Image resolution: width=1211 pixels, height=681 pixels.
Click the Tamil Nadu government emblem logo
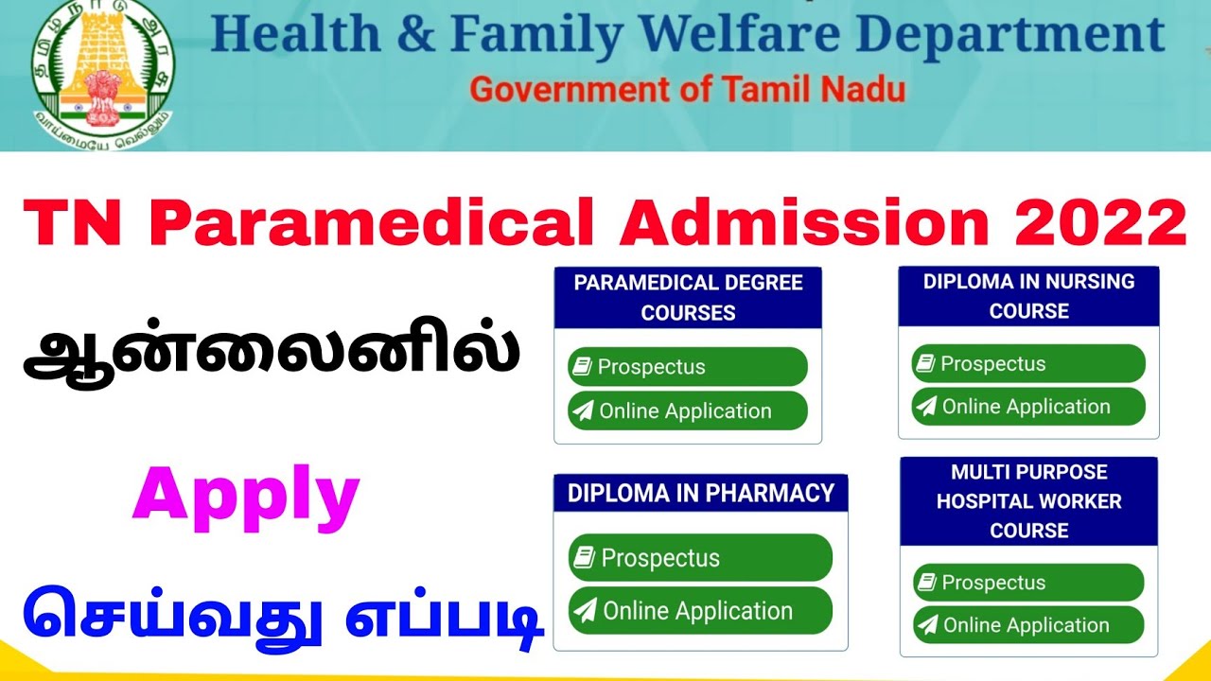pos(103,72)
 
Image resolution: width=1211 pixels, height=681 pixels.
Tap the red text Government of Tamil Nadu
pos(688,90)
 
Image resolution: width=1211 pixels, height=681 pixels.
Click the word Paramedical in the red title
pos(373,223)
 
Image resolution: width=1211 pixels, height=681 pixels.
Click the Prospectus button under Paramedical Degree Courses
pos(688,367)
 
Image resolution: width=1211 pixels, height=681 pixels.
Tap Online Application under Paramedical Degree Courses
pos(688,411)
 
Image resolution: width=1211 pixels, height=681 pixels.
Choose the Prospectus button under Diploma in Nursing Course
pos(1028,364)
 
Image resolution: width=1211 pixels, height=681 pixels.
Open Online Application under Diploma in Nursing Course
pos(1028,407)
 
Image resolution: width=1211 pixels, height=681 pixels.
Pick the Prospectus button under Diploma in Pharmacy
pos(700,558)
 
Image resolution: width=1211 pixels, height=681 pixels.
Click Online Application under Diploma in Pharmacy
pos(700,611)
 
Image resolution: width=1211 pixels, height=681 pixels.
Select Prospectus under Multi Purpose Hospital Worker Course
pos(1028,583)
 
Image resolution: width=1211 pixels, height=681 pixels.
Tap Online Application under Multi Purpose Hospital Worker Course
pos(1028,625)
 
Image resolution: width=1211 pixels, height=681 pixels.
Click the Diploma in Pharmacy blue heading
pos(700,493)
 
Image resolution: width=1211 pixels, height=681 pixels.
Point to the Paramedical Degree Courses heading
pos(688,297)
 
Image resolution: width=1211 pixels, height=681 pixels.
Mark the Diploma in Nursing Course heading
pos(1028,296)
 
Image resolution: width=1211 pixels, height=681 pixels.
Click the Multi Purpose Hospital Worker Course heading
pos(1028,501)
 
